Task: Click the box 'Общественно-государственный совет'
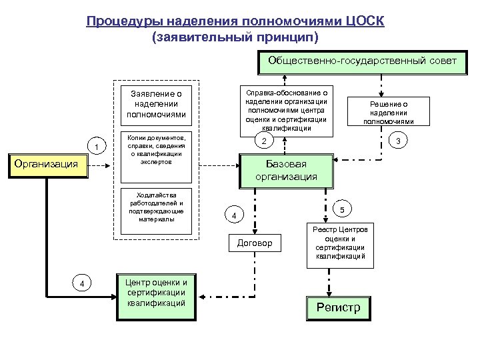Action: pos(362,61)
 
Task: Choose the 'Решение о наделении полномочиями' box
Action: pos(388,113)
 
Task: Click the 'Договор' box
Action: pos(255,243)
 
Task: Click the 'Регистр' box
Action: pos(337,307)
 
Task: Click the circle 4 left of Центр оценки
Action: pos(81,283)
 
